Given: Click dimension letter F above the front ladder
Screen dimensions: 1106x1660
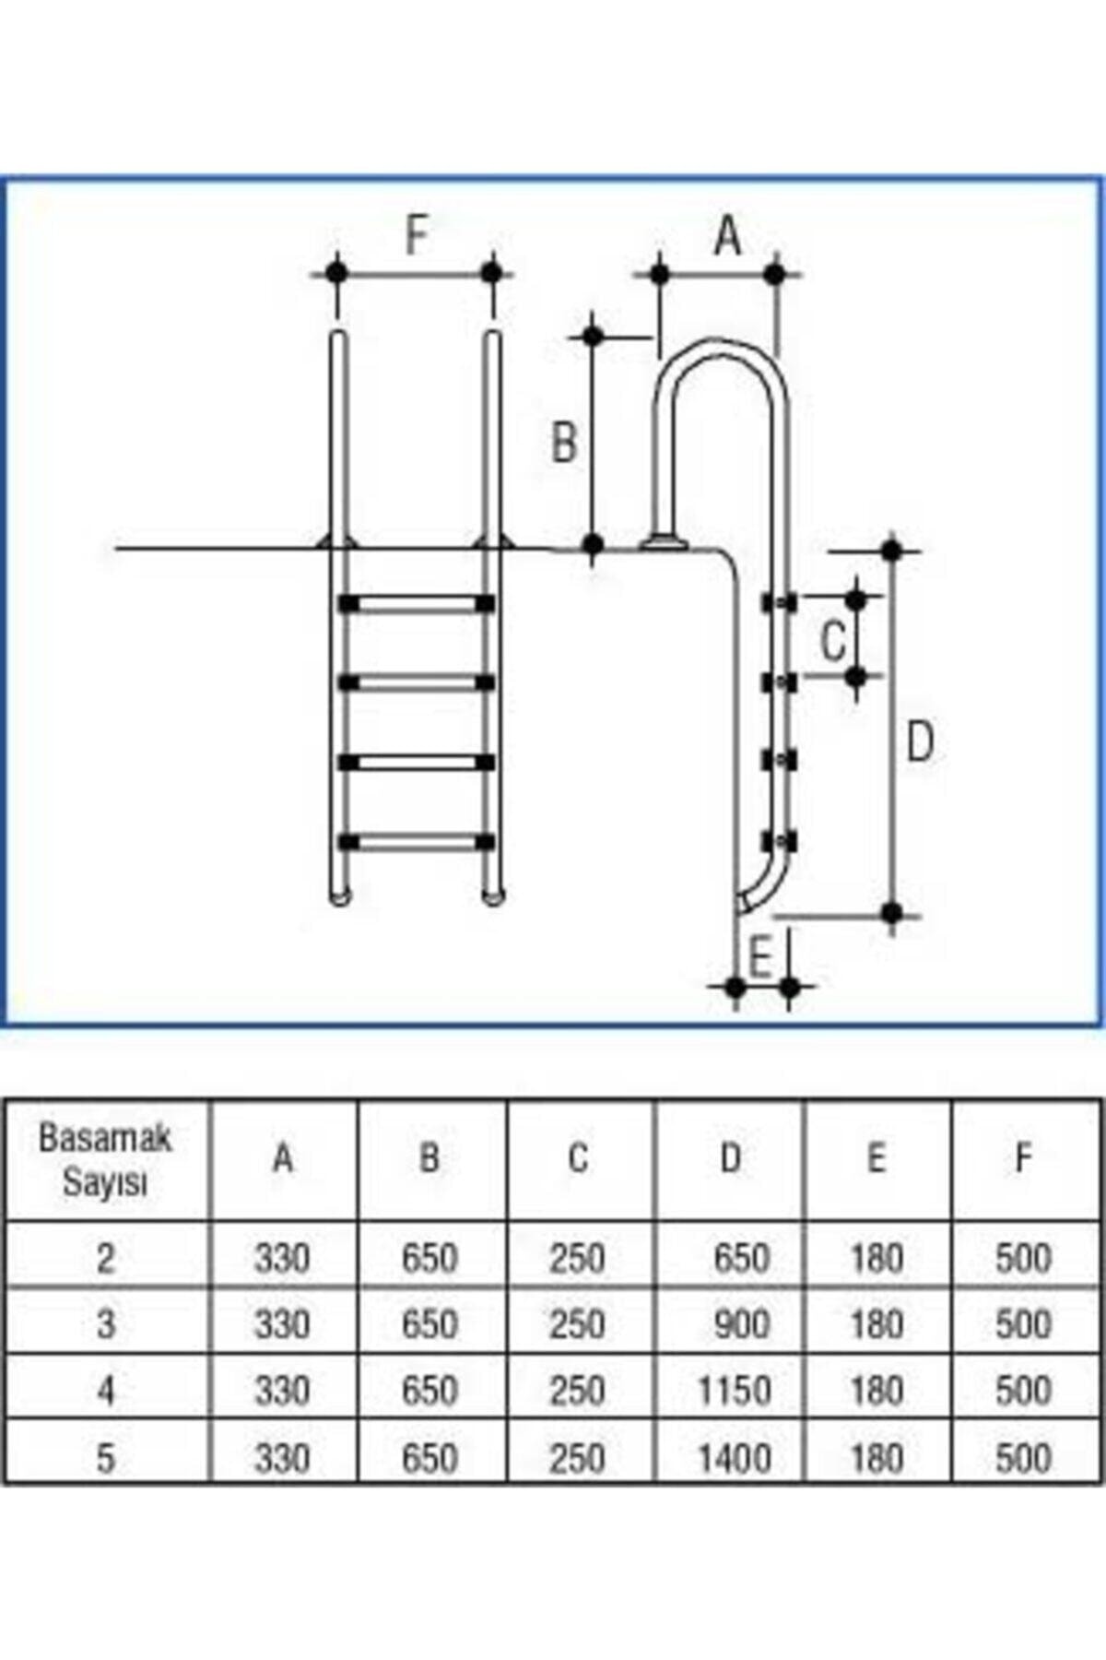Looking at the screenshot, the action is click(x=417, y=236).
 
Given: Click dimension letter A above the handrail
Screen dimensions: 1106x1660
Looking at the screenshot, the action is click(x=727, y=236).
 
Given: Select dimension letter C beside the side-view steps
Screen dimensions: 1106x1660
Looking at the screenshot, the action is click(x=833, y=640).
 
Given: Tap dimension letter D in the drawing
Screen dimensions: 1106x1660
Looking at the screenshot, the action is click(x=920, y=742).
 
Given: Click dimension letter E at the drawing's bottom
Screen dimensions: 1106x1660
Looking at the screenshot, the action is click(x=759, y=957).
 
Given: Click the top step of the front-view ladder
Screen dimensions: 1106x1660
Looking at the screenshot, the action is click(x=417, y=604).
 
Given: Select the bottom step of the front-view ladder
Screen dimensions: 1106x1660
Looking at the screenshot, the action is click(x=417, y=842).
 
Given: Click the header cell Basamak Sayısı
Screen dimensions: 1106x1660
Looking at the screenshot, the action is click(x=105, y=1160).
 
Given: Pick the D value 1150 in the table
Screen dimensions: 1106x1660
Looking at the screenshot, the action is click(x=734, y=1391).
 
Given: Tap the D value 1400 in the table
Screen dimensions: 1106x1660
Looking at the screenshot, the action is click(x=734, y=1457).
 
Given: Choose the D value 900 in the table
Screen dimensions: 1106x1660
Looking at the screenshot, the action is click(x=741, y=1324).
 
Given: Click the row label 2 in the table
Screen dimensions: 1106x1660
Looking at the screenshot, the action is click(x=106, y=1258).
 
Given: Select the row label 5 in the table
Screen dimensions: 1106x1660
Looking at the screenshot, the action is click(x=106, y=1457).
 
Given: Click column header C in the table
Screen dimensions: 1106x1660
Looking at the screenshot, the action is click(x=578, y=1157).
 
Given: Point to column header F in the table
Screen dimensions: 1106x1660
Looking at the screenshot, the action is click(x=1023, y=1157).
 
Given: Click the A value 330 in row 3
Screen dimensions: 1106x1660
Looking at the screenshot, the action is click(x=282, y=1324).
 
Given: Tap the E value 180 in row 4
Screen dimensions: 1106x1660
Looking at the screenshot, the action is click(x=876, y=1391).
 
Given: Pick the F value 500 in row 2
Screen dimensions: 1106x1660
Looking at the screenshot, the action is click(x=1023, y=1258).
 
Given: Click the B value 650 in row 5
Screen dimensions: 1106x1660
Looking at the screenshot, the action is click(x=429, y=1457).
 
